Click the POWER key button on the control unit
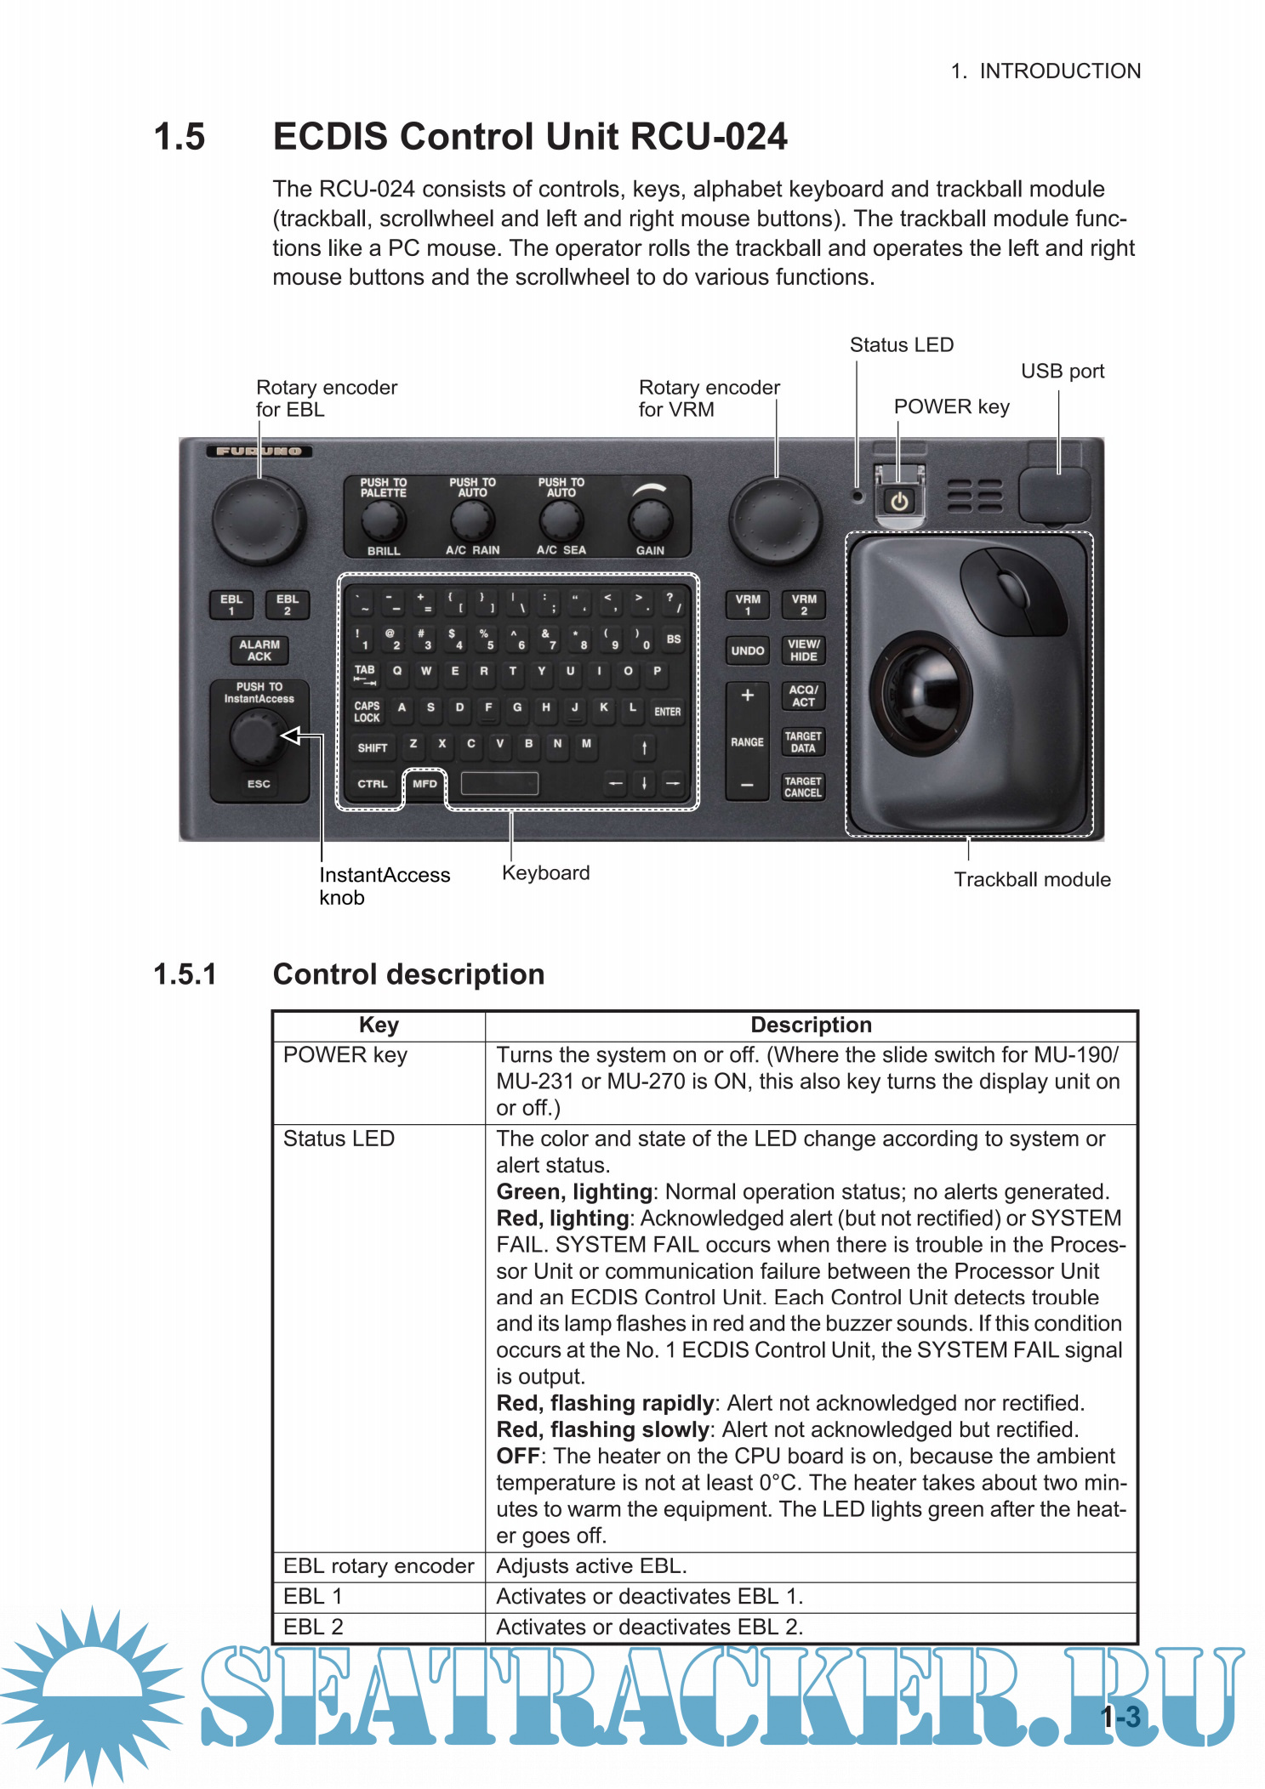[899, 501]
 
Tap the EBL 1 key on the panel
[231, 605]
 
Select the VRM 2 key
[803, 605]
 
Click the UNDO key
[747, 650]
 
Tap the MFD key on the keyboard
[425, 784]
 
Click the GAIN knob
[650, 518]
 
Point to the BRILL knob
[384, 519]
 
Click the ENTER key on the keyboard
[667, 711]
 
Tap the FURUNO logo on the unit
[259, 452]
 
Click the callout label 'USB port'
[1062, 372]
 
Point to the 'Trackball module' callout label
[1031, 879]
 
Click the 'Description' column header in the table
[811, 1025]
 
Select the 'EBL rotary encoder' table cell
[379, 1565]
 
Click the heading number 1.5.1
[185, 974]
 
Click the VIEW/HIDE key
[803, 650]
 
